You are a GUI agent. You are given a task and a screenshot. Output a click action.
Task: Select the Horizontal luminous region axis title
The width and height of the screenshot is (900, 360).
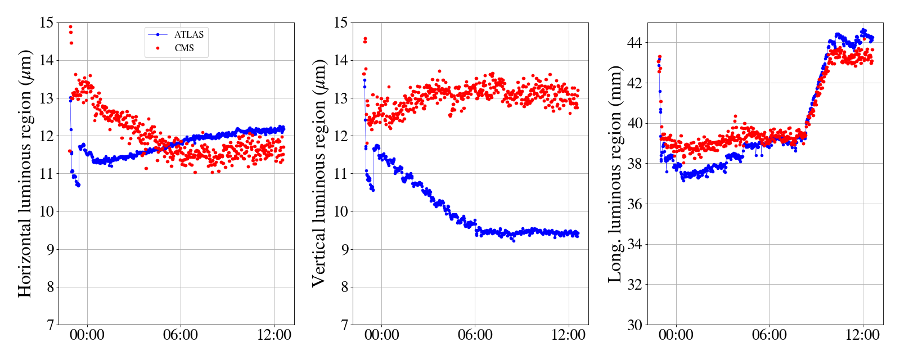(x=25, y=173)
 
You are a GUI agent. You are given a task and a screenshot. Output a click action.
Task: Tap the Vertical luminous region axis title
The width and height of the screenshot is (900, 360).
(x=319, y=173)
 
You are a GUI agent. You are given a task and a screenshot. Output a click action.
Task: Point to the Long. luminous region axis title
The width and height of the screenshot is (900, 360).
(x=615, y=173)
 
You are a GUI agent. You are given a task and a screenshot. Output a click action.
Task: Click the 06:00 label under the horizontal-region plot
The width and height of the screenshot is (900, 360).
(x=181, y=335)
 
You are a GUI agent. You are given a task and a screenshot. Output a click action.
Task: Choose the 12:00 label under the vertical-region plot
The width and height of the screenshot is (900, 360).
(x=568, y=335)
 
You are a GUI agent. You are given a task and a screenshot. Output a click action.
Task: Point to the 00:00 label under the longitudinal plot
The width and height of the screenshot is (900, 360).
(x=676, y=335)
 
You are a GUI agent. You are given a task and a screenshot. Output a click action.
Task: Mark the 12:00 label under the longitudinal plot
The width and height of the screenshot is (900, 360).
(x=862, y=335)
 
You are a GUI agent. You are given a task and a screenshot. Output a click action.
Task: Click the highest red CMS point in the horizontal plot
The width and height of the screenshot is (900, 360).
(x=70, y=26)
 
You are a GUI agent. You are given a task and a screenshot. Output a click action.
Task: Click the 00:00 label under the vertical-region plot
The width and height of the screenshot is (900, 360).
(x=381, y=335)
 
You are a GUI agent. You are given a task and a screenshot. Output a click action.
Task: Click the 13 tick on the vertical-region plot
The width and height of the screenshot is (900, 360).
(x=341, y=98)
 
